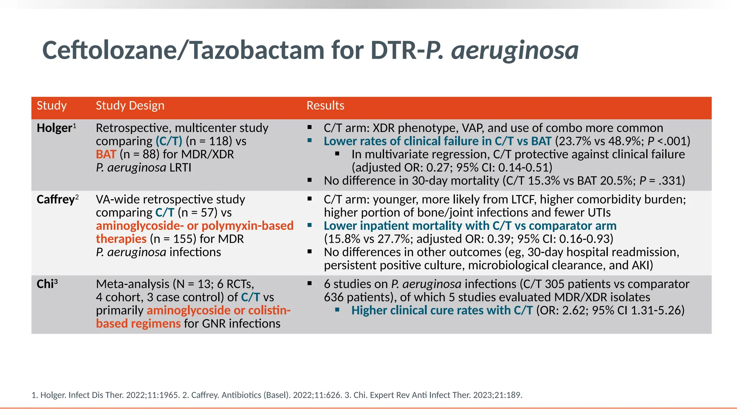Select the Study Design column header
[130, 106]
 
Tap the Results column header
[325, 106]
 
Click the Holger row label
[54, 128]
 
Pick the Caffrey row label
[56, 199]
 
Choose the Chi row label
[45, 284]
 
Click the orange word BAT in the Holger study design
[106, 154]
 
